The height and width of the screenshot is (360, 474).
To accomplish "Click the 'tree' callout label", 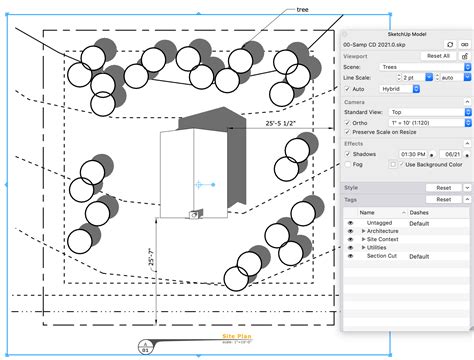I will pyautogui.click(x=303, y=9).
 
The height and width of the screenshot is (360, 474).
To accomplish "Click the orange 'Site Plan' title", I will pyautogui.click(x=237, y=336).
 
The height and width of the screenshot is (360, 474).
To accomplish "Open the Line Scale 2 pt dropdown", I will pyautogui.click(x=409, y=78).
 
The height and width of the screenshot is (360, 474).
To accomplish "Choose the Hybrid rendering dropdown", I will pyautogui.click(x=402, y=89).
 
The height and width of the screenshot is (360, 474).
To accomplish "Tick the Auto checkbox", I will pyautogui.click(x=347, y=89).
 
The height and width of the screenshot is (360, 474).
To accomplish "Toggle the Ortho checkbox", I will pyautogui.click(x=347, y=123).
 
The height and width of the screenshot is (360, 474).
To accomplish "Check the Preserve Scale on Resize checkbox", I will pyautogui.click(x=347, y=133).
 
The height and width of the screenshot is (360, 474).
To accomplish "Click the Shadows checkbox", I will pyautogui.click(x=347, y=155).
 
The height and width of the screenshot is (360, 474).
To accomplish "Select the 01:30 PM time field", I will pyautogui.click(x=412, y=155).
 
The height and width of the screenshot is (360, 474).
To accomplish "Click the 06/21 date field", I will pyautogui.click(x=452, y=155).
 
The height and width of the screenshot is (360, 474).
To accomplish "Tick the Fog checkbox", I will pyautogui.click(x=347, y=166).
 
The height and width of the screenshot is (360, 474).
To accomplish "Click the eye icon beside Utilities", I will pyautogui.click(x=350, y=248).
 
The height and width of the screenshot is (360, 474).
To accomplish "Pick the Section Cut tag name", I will pyautogui.click(x=382, y=256).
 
